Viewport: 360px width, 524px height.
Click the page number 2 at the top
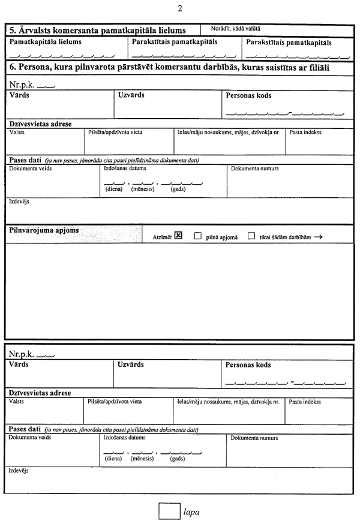click(x=179, y=8)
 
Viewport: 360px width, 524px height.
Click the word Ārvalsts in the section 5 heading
click(x=35, y=30)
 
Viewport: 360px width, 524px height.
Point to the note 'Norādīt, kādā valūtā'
click(x=236, y=28)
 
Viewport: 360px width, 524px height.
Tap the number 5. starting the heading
click(x=13, y=30)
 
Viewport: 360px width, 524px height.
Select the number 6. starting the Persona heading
click(x=13, y=68)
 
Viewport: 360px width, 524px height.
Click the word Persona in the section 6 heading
click(x=37, y=68)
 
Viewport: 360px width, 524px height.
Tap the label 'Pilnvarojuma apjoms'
click(x=44, y=230)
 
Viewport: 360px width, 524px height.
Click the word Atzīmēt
click(x=162, y=237)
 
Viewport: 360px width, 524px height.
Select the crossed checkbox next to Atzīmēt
click(x=178, y=236)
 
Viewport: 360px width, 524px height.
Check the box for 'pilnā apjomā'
click(x=197, y=236)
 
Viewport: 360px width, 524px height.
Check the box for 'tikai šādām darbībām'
click(x=251, y=236)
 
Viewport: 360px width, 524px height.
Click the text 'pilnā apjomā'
click(x=221, y=237)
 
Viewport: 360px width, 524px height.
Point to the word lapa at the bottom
click(x=191, y=512)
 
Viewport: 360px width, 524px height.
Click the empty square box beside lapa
click(x=169, y=511)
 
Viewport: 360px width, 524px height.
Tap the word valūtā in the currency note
click(x=251, y=28)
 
